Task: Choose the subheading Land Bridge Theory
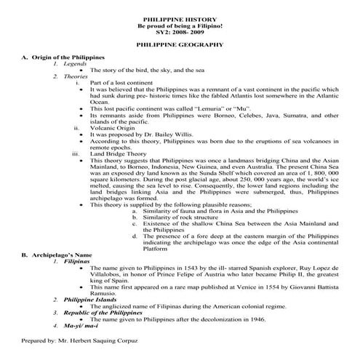[117, 153]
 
